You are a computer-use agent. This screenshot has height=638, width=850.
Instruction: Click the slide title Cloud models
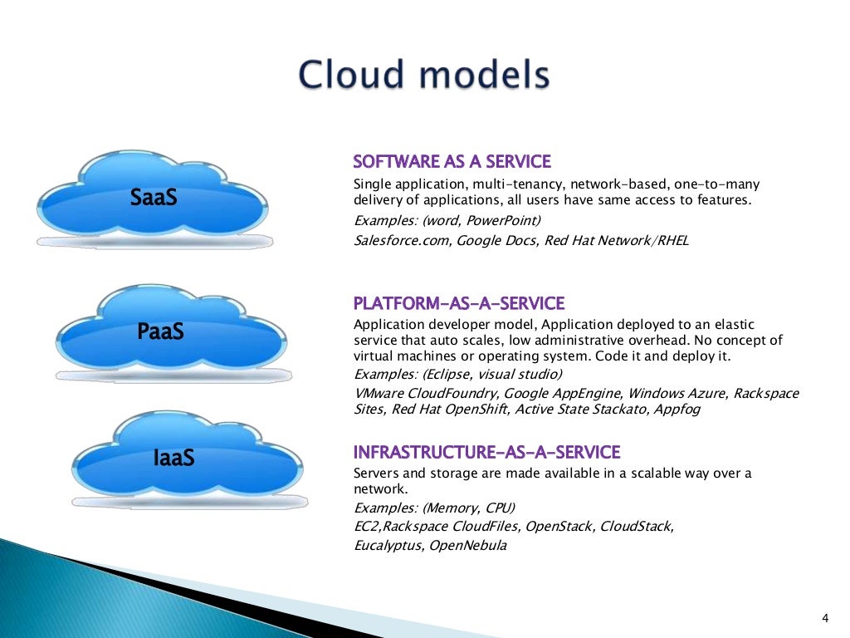click(424, 76)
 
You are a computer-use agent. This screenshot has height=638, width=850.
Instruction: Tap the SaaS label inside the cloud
click(154, 198)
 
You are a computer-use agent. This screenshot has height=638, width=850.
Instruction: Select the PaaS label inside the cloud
click(160, 332)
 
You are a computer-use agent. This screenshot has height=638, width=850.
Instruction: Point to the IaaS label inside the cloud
click(173, 456)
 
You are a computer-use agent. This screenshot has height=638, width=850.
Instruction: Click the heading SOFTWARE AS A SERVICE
click(452, 161)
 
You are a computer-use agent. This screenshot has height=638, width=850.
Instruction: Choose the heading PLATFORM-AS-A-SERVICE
click(459, 303)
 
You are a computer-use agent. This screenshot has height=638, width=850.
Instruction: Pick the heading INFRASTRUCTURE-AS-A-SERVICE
click(486, 452)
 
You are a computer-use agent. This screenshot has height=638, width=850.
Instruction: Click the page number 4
click(824, 616)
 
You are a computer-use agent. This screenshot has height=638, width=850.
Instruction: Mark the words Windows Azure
click(672, 393)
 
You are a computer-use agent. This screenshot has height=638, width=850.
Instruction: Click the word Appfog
click(676, 410)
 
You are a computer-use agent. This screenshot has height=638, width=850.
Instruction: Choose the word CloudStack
click(637, 527)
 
